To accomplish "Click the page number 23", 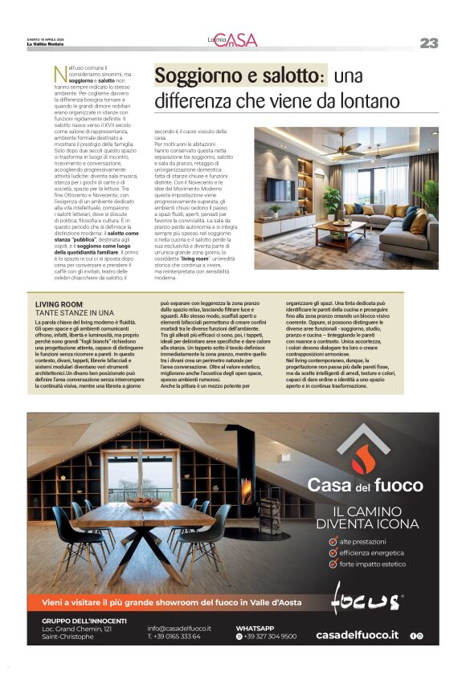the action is (428, 43).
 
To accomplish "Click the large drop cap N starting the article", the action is (59, 75).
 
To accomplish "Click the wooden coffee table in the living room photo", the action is (341, 234).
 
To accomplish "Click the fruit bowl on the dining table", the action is (144, 503).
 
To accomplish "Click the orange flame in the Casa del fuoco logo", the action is (366, 459).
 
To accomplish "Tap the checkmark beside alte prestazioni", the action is (333, 541).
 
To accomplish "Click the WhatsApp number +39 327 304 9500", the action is (270, 636).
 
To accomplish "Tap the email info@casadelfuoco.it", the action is (179, 627).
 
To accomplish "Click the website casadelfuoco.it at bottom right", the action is (357, 635).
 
